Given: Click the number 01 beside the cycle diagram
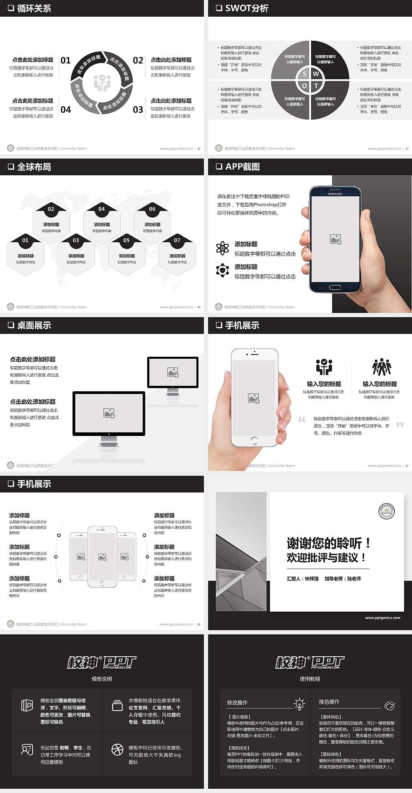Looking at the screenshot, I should (x=66, y=60).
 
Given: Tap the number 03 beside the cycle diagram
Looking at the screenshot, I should (x=138, y=110).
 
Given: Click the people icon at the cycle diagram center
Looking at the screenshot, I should (x=102, y=83).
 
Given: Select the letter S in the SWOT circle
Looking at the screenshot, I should (x=305, y=74).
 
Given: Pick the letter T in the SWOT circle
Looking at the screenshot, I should (x=316, y=86).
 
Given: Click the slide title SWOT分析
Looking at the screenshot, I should (x=246, y=8).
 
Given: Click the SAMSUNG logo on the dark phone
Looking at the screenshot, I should (x=335, y=194).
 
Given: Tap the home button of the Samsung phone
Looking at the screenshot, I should (x=335, y=288).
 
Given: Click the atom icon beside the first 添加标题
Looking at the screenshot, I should (x=222, y=248).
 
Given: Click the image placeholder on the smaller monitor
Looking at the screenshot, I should (x=173, y=372).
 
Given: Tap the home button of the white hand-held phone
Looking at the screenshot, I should (x=254, y=440).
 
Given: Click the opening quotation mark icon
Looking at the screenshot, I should (x=302, y=419).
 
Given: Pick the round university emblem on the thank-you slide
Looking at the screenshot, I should (x=387, y=511).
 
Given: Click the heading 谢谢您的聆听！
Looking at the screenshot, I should (x=329, y=544).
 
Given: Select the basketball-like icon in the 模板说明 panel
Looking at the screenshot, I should (x=117, y=749).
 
